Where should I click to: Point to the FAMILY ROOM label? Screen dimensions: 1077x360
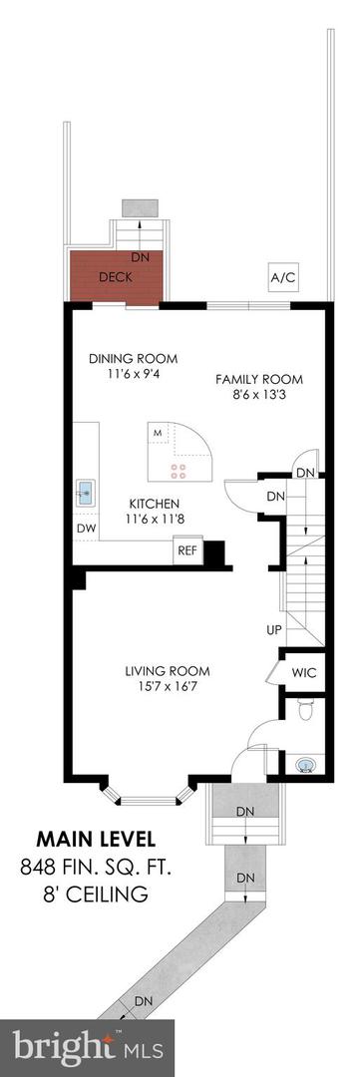pyautogui.click(x=259, y=379)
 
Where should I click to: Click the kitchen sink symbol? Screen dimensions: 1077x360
pyautogui.click(x=86, y=491)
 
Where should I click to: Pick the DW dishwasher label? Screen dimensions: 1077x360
pyautogui.click(x=85, y=529)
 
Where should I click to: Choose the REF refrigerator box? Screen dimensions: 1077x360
pyautogui.click(x=187, y=550)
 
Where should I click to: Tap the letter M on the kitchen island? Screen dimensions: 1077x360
pyautogui.click(x=157, y=433)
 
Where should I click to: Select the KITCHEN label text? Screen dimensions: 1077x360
pyautogui.click(x=153, y=504)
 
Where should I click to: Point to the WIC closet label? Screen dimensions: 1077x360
pyautogui.click(x=303, y=673)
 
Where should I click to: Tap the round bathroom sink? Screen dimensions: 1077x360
pyautogui.click(x=306, y=765)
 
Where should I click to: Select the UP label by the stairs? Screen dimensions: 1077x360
pyautogui.click(x=273, y=630)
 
